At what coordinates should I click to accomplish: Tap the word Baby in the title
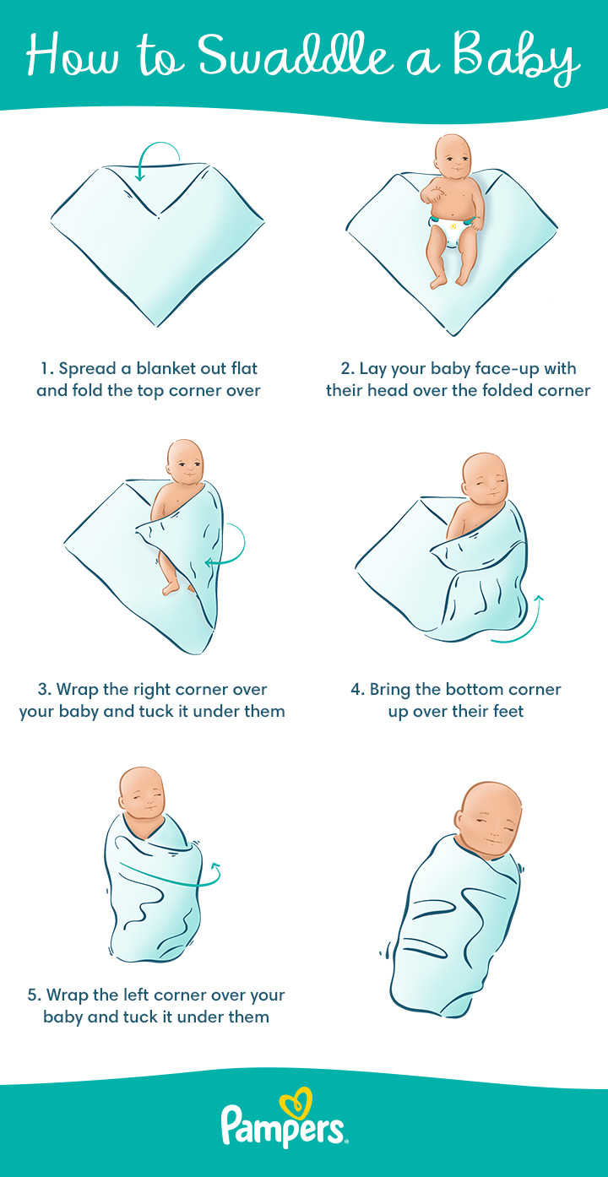tap(516, 57)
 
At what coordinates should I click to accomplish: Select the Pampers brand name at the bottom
tap(283, 1130)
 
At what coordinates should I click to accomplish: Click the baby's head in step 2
tap(453, 155)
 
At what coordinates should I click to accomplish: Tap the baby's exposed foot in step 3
tap(171, 587)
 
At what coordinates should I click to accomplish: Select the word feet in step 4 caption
tap(508, 712)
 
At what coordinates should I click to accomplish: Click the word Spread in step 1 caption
tap(87, 369)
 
